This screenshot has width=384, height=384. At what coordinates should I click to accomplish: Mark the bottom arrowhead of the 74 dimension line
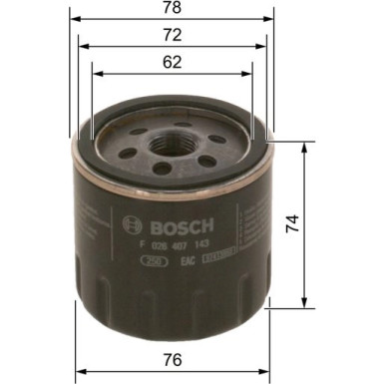303,304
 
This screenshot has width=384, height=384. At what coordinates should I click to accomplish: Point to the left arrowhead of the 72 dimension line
80,46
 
